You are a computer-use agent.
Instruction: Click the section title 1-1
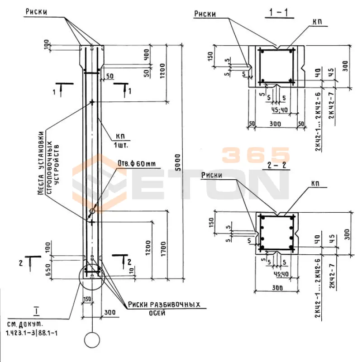click(x=277, y=13)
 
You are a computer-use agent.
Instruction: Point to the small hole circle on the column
click(x=92, y=210)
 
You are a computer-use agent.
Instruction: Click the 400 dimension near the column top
click(x=146, y=56)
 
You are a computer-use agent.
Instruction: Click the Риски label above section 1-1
click(x=205, y=14)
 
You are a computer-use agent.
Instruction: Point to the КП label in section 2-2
click(x=315, y=184)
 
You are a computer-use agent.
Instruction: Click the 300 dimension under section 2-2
click(x=277, y=288)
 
